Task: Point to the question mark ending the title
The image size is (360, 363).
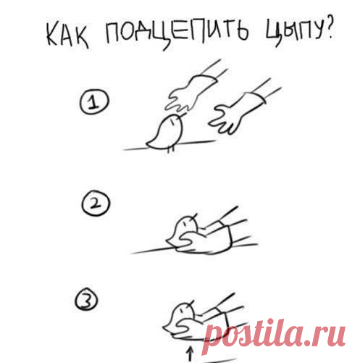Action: (329, 28)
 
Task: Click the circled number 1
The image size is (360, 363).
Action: (94, 101)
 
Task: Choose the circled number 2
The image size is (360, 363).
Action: (96, 204)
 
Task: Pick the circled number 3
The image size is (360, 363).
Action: (86, 300)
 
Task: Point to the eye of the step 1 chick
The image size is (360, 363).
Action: (172, 122)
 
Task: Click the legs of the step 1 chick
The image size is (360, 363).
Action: (171, 149)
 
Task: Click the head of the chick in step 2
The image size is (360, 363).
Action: (187, 225)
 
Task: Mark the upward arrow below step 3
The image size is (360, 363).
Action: (191, 354)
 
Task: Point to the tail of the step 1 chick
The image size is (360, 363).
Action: (151, 144)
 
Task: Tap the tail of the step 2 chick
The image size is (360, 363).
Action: (171, 241)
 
